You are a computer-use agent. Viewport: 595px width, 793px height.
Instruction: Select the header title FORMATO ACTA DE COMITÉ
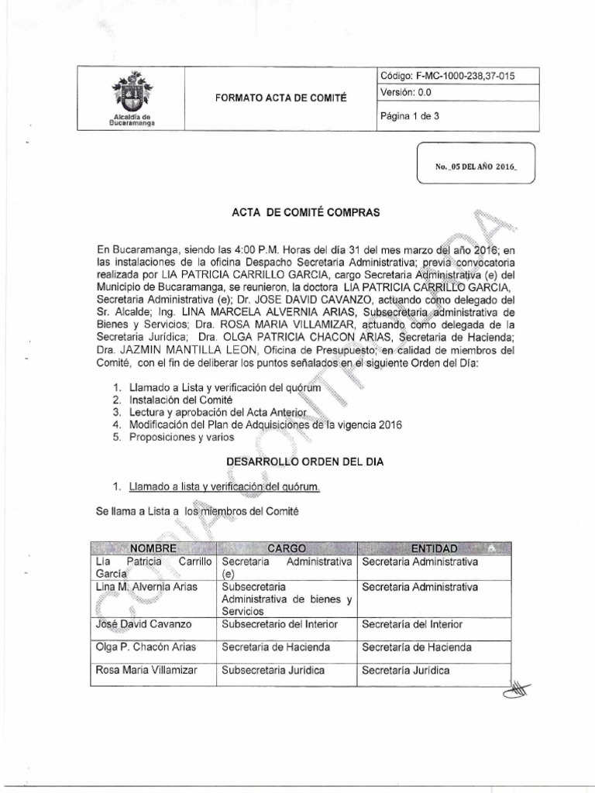281,98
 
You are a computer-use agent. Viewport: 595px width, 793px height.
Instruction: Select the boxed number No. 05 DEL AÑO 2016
475,166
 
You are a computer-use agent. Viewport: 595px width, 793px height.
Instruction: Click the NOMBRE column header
153,548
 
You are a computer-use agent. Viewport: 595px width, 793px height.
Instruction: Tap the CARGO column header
287,548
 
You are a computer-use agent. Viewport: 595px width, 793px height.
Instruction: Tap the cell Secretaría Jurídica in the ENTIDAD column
405,671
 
